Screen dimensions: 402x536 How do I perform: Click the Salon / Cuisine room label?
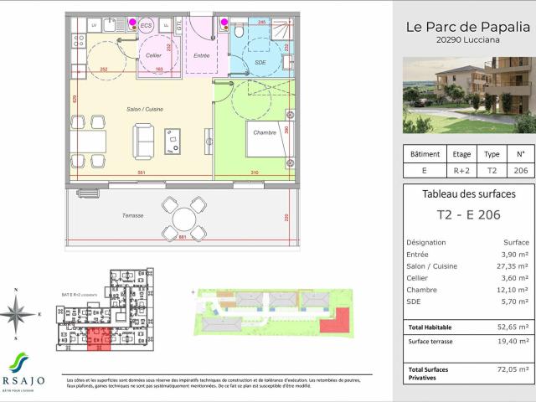[143, 110]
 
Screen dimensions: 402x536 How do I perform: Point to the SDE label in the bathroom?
[260, 63]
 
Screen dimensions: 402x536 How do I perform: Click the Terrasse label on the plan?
[131, 215]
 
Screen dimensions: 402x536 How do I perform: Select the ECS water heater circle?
[146, 26]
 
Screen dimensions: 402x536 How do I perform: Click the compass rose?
[17, 314]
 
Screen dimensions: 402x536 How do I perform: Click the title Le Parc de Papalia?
[464, 26]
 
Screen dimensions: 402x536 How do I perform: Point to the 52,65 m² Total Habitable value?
[513, 327]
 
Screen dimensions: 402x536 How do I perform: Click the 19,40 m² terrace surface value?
[513, 342]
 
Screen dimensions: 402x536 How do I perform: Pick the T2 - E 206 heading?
[463, 214]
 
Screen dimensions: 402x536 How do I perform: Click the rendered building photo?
[468, 95]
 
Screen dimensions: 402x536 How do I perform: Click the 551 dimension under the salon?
[142, 172]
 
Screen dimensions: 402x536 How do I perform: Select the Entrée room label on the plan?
[201, 55]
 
